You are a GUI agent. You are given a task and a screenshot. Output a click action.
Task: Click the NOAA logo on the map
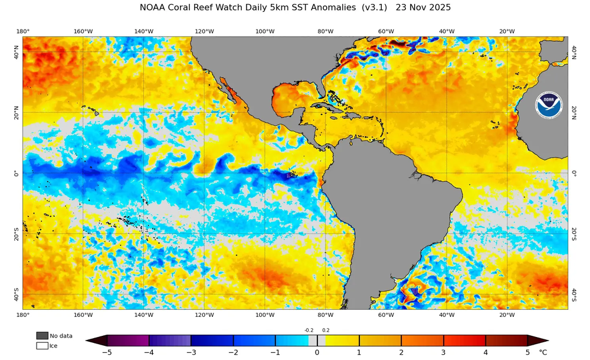click(x=548, y=104)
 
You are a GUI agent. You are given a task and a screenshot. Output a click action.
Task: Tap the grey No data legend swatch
click(x=42, y=335)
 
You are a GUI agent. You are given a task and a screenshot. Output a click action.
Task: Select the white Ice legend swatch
click(x=42, y=346)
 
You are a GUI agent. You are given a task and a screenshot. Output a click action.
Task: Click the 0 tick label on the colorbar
click(x=317, y=353)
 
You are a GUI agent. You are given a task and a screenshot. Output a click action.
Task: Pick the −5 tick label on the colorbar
click(x=107, y=353)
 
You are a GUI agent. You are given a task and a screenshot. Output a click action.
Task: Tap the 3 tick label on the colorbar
click(x=443, y=353)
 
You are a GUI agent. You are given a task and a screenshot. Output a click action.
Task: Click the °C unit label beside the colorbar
click(x=543, y=353)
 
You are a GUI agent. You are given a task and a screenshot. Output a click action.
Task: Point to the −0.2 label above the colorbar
click(x=309, y=330)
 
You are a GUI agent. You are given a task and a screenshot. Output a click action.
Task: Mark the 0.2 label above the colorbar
click(x=326, y=330)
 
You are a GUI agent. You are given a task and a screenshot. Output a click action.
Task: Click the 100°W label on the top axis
click(x=265, y=31)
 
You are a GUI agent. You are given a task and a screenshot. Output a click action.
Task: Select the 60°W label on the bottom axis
click(x=386, y=315)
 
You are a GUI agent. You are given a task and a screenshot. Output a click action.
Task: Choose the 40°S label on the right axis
click(x=574, y=294)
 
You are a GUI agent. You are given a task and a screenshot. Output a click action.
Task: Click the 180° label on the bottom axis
click(x=23, y=315)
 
